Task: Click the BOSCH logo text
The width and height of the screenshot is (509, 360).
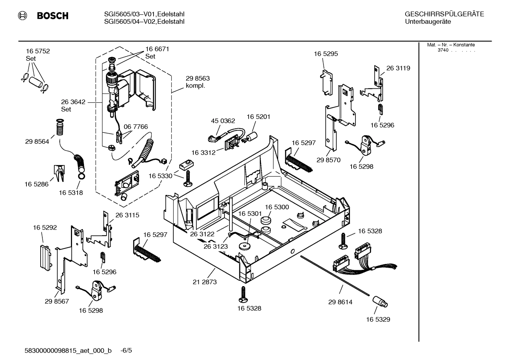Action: [53, 16]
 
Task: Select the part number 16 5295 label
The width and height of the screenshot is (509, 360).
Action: [326, 54]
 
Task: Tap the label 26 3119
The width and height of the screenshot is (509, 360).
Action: [398, 68]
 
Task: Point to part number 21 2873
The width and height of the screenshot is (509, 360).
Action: [205, 282]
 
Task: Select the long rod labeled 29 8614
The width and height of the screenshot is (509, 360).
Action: [335, 276]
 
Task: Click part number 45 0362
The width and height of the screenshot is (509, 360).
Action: [223, 121]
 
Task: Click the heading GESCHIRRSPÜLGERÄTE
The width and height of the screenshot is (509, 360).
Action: [444, 14]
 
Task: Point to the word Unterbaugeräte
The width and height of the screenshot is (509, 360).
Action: [427, 22]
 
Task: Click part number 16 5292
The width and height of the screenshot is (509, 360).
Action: [45, 228]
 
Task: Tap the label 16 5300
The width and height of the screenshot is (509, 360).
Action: [277, 207]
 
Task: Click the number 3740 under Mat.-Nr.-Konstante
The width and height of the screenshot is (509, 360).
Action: [443, 50]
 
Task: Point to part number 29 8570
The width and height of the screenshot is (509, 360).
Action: [328, 160]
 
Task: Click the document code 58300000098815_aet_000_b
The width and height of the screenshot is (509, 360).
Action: [68, 351]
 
